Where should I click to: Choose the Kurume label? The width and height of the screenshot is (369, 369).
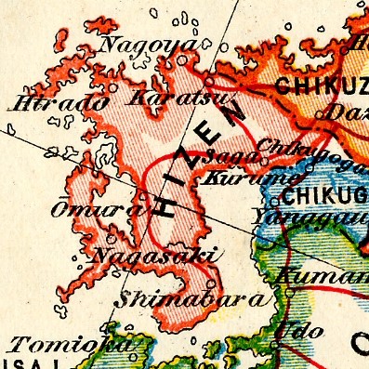click(235, 177)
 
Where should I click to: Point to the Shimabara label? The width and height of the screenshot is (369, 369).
click(196, 299)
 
